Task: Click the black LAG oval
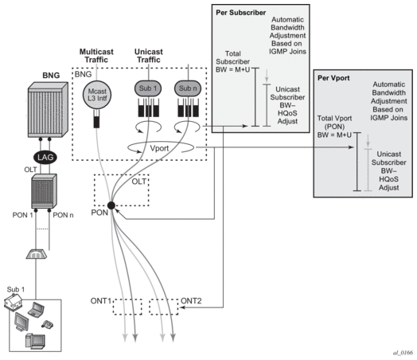pyautogui.click(x=45, y=157)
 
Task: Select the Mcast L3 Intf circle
pyautogui.click(x=97, y=95)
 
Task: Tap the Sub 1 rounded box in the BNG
pyautogui.click(x=148, y=88)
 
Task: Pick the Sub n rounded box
pyautogui.click(x=188, y=88)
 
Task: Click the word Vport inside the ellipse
pyautogui.click(x=159, y=148)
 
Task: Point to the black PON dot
pyautogui.click(x=111, y=205)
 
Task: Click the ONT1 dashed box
pyautogui.click(x=127, y=307)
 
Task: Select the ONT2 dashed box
pyautogui.click(x=164, y=307)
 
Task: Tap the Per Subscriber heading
pyautogui.click(x=240, y=13)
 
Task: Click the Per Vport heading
pyautogui.click(x=333, y=78)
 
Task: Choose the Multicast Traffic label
pyautogui.click(x=96, y=56)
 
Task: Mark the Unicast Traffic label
pyautogui.click(x=149, y=56)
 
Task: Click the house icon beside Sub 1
pyautogui.click(x=14, y=303)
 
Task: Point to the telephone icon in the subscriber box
pyautogui.click(x=47, y=324)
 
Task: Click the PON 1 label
pyautogui.click(x=22, y=215)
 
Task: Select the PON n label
pyautogui.click(x=63, y=215)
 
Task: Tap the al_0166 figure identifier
pyautogui.click(x=403, y=353)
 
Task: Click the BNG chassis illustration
pyautogui.click(x=48, y=110)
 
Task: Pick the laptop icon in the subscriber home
pyautogui.click(x=36, y=309)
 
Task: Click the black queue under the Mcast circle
pyautogui.click(x=96, y=119)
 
